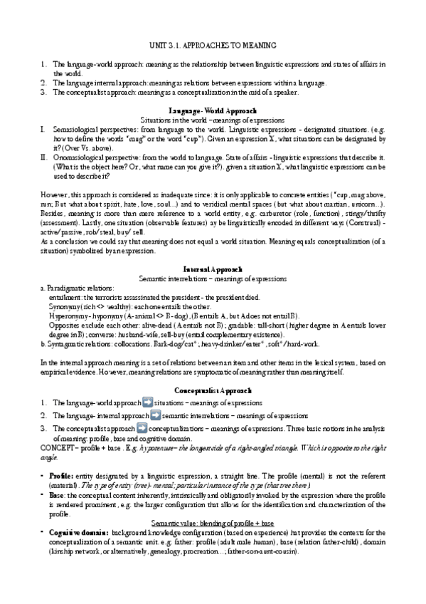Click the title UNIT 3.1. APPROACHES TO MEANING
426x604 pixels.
pyautogui.click(x=213, y=46)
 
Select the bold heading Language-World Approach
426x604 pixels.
pyautogui.click(x=213, y=111)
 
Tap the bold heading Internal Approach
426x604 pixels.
pyautogui.click(x=213, y=269)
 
